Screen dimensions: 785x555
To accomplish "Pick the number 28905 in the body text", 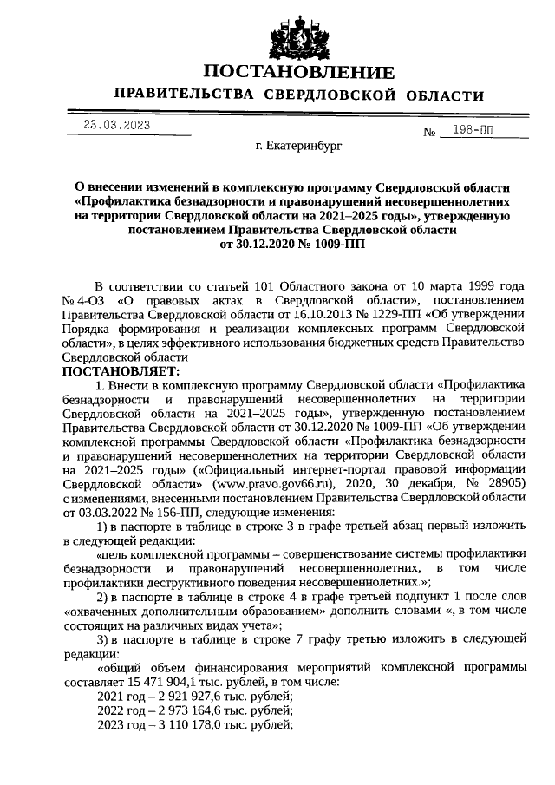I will click(x=501, y=482).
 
